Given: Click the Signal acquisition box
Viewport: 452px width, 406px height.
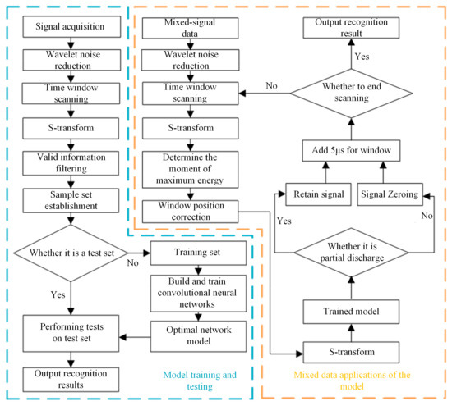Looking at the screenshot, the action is pos(71,26).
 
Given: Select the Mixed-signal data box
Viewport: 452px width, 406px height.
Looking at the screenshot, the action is pos(191,28).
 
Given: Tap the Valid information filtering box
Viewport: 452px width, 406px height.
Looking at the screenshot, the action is pos(71,163).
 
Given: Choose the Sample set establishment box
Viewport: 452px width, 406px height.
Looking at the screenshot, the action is pos(71,201).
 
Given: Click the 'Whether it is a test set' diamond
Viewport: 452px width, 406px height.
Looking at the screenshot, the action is pos(71,253).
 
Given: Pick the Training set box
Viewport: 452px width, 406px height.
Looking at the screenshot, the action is pos(198,253).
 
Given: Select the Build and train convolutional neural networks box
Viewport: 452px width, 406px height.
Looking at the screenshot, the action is pos(198,294).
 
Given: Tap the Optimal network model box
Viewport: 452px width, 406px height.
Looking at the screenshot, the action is pos(198,336).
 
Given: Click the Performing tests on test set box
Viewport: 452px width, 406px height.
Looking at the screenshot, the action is pos(71,334).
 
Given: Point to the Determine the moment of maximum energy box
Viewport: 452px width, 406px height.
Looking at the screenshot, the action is pos(191,170).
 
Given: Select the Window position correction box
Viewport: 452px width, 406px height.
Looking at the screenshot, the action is pos(191,212).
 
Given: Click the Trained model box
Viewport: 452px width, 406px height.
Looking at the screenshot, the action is pos(351,312).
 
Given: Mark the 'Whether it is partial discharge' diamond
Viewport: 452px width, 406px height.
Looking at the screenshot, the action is pos(351,253).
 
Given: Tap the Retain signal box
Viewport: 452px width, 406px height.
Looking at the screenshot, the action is pos(318,194).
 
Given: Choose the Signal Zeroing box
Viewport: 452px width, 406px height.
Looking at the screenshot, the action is pos(390,194).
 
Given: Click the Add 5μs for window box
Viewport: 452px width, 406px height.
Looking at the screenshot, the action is pos(351,150).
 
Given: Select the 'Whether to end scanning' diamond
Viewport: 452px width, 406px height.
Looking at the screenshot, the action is pos(351,94).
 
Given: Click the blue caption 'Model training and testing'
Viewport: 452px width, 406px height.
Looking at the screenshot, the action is pos(200,381).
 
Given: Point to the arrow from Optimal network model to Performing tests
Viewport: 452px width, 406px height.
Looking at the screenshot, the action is pos(135,337).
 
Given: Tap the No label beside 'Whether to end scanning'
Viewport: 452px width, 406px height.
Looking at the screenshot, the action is pos(271,86).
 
